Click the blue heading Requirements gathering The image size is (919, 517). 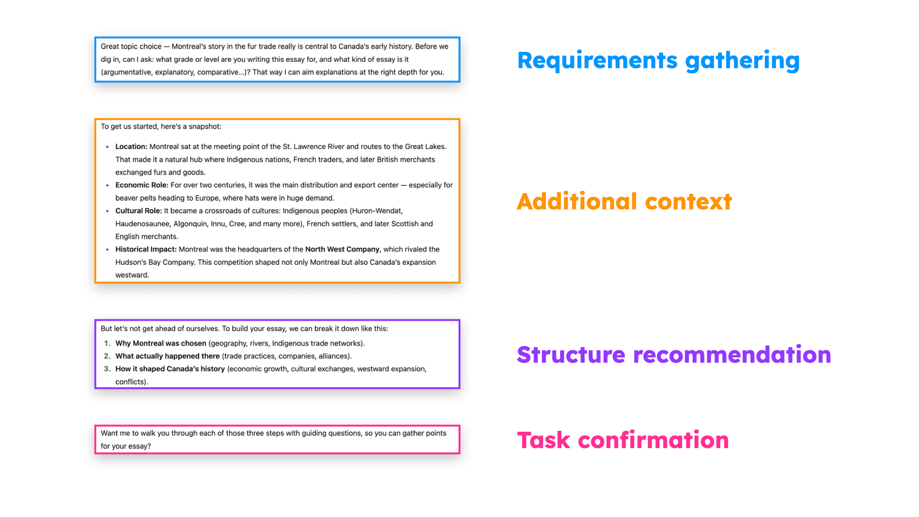[x=658, y=61]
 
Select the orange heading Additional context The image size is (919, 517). [x=624, y=202]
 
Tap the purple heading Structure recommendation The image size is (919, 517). [x=673, y=355]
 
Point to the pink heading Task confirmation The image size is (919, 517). [x=623, y=440]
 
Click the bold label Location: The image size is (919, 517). [x=131, y=146]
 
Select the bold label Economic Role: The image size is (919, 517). [x=142, y=185]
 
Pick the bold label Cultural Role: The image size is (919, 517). [x=138, y=211]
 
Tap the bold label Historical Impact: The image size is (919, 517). [x=146, y=249]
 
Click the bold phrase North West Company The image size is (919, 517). [x=342, y=249]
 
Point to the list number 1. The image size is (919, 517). [x=107, y=343]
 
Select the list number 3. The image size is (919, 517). [x=107, y=369]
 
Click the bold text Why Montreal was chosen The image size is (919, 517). [x=161, y=343]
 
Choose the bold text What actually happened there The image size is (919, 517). [x=168, y=356]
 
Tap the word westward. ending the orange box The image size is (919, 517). [x=132, y=275]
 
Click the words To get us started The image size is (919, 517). [x=129, y=126]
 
